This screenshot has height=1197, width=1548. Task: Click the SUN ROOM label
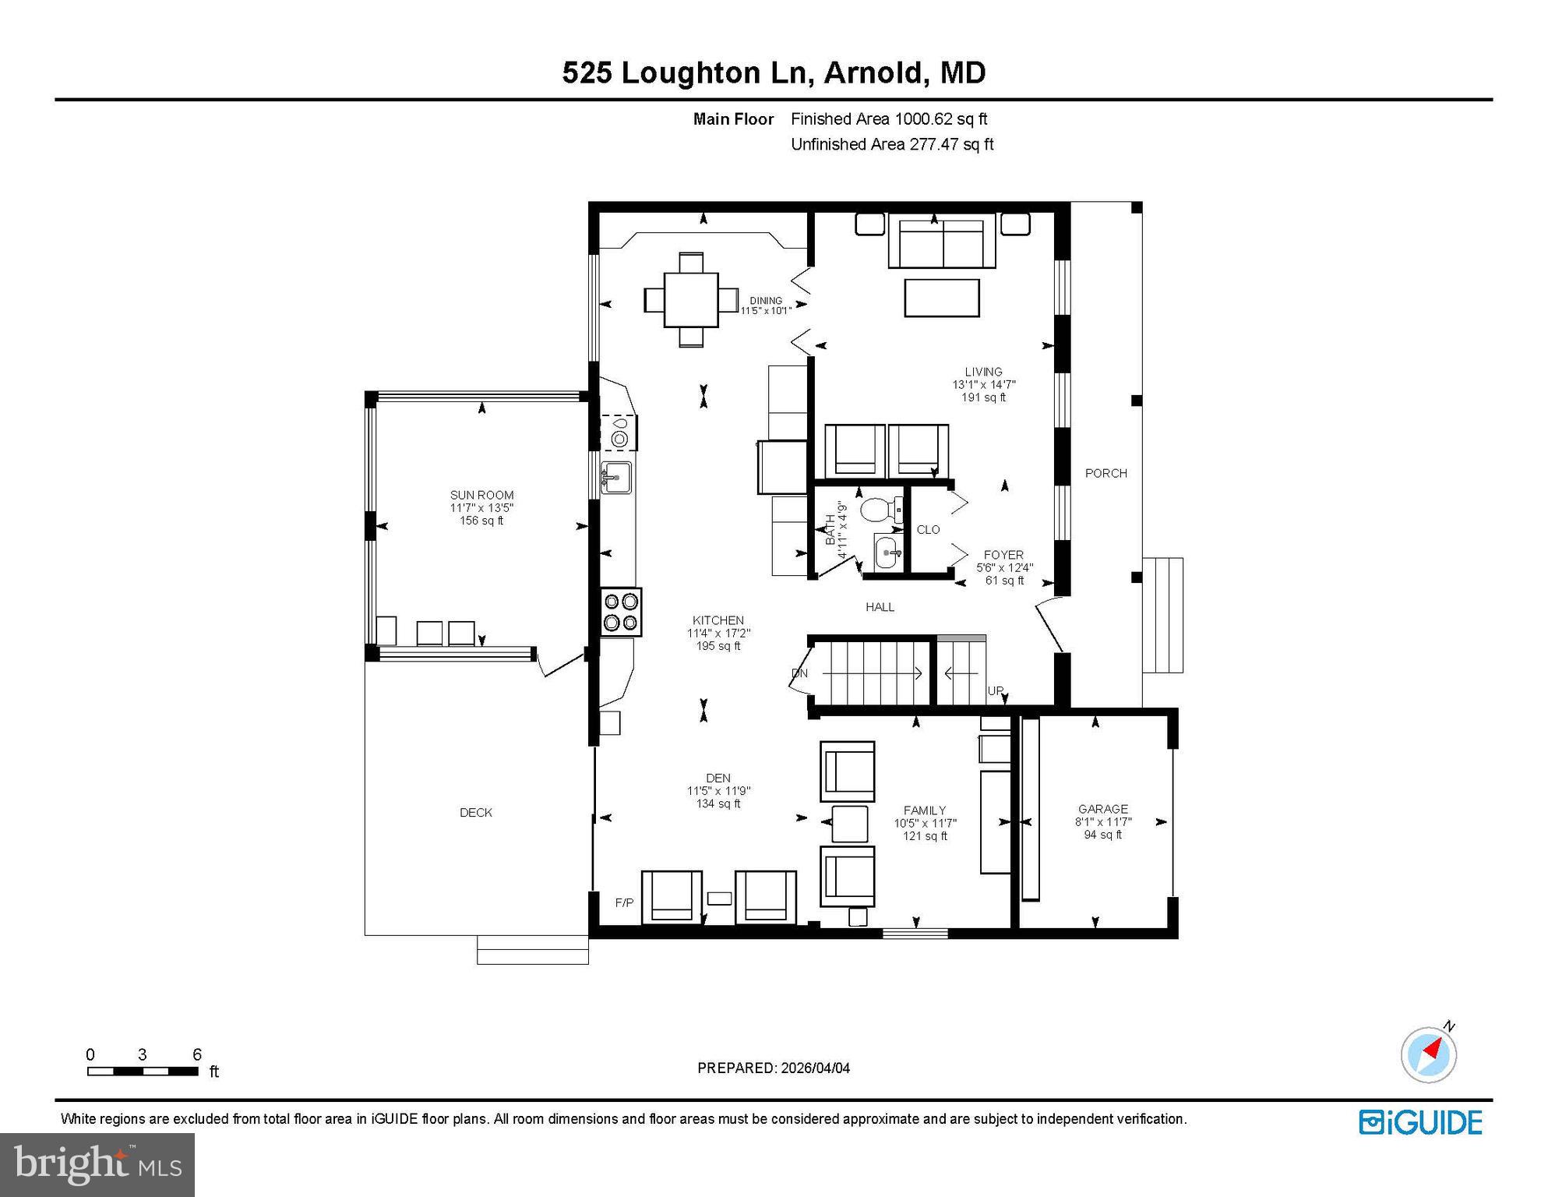481,496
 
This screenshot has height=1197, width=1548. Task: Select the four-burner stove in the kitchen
621,612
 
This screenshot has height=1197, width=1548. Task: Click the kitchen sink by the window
615,476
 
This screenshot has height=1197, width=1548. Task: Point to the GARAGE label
1102,809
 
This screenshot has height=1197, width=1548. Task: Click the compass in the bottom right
1428,1054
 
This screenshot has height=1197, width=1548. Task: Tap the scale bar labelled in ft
143,1071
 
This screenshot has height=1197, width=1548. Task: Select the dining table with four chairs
690,299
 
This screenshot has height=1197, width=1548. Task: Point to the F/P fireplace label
624,902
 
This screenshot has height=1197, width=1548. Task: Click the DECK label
475,812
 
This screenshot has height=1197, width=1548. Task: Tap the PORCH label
1105,473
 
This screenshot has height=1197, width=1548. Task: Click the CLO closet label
928,529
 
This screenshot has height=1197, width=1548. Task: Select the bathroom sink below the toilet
887,553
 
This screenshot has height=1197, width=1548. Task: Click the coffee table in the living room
941,298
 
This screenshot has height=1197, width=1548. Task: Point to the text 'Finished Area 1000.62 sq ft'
888,119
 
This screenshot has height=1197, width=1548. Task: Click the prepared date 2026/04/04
773,1068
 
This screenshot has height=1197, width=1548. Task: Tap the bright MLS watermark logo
97,1164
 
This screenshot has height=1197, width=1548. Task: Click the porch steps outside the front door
1162,615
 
